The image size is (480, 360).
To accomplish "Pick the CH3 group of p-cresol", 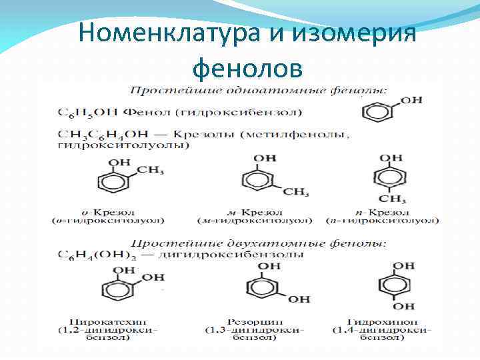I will pyautogui.click(x=393, y=199).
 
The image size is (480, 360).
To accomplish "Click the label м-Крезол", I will pyautogui.click(x=253, y=211).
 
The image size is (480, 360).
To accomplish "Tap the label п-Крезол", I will pyautogui.click(x=381, y=211).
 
